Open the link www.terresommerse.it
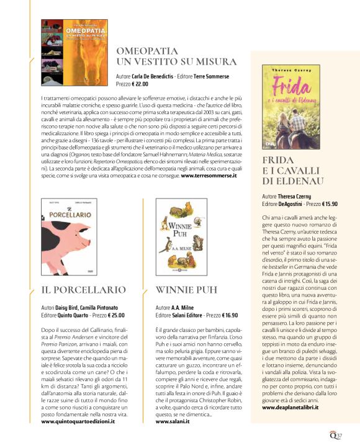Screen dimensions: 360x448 point(209,176)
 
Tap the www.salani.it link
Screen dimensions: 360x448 point(172,403)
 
